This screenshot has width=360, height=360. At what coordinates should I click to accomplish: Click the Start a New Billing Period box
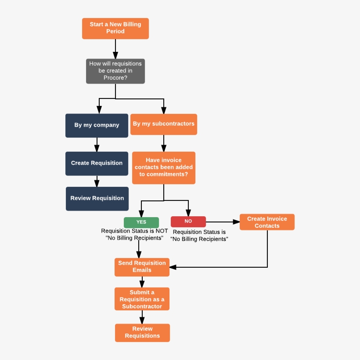pos(115,28)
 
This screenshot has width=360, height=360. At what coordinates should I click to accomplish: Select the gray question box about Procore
pos(115,71)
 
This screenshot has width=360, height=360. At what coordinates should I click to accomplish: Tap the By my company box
pos(97,125)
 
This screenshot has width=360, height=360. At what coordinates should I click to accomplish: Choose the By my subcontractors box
pos(164,124)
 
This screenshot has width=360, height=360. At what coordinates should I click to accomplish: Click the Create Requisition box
pos(97,163)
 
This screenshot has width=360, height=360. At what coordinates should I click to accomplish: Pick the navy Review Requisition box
pos(97,198)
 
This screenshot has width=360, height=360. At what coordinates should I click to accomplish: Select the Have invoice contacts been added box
pos(164,167)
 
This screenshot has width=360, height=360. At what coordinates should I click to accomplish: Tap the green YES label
pos(141,222)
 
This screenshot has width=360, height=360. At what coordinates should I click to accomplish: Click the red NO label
pos(188,222)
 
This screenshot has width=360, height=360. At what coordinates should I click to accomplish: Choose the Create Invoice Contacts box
pos(267,222)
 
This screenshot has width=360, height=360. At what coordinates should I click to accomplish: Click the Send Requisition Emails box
pos(142,267)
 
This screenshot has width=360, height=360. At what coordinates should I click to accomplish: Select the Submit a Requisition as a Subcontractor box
pos(142,299)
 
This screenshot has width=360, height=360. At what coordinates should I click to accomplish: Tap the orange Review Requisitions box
pos(142,332)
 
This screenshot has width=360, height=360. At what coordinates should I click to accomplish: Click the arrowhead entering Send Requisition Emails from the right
pos(173,267)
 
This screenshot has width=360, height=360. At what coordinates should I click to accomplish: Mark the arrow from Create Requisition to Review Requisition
pos(97,181)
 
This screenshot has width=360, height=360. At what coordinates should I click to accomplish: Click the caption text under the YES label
pos(134,234)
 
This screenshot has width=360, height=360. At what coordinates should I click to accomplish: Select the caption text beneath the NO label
pos(199,236)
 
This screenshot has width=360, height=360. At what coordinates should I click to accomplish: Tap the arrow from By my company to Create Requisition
pos(97,145)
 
